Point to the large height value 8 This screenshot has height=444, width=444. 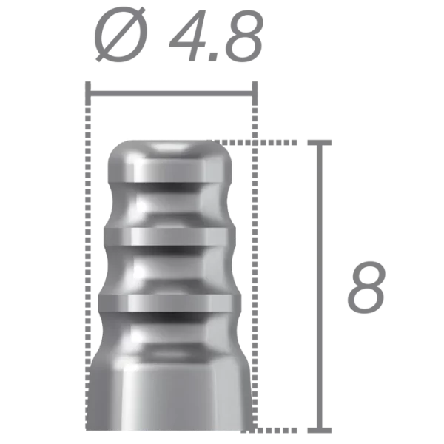(x=366, y=286)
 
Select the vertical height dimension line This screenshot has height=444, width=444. (x=320, y=285)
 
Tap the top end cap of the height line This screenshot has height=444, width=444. (x=320, y=140)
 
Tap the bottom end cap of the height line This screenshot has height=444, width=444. (x=320, y=428)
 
